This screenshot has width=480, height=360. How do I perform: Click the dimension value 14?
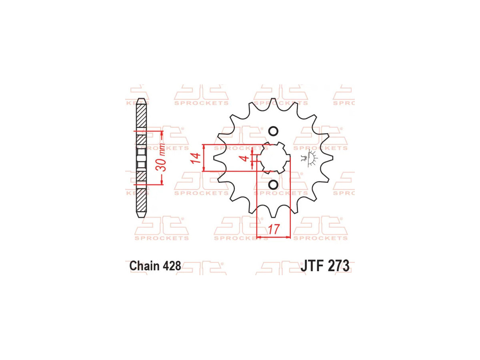(195, 158)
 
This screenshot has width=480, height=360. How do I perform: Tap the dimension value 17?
(273, 229)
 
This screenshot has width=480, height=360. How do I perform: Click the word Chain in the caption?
(144, 266)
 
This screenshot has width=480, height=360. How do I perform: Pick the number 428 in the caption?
(172, 266)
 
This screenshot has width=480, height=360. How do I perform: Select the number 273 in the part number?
(338, 266)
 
